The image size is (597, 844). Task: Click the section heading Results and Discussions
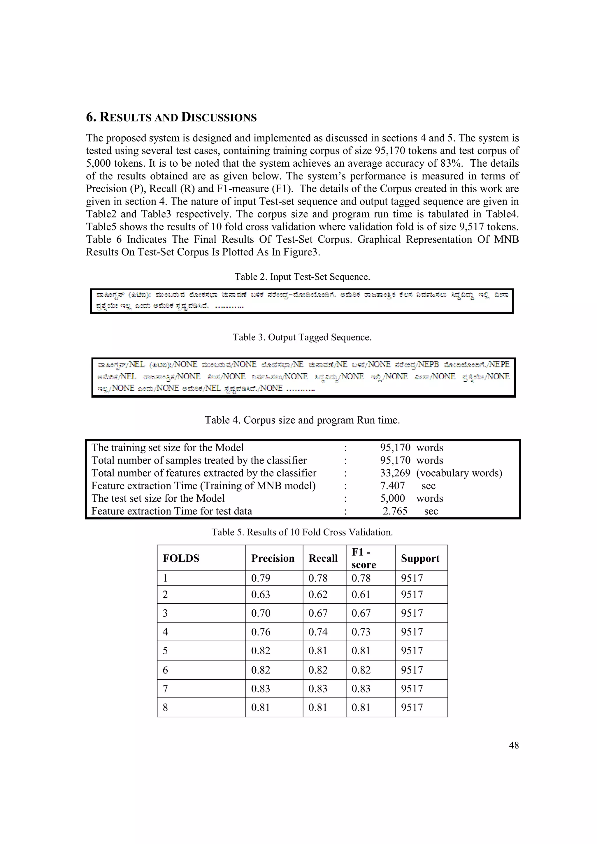171,117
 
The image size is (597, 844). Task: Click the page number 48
514,745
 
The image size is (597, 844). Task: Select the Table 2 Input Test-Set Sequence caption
302,277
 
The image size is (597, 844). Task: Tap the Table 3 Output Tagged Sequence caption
302,337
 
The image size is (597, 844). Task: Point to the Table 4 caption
302,420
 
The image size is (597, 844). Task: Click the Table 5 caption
302,532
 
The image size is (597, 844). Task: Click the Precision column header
273,558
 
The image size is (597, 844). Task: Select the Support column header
420,558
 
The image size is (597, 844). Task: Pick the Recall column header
323,558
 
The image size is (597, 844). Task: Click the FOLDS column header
181,558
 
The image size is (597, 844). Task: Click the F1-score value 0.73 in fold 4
361,632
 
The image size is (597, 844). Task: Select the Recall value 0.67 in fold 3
318,613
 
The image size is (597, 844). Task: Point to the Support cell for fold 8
412,707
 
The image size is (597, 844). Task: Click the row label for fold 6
165,670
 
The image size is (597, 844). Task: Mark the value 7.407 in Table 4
392,486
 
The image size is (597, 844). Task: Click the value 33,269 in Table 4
395,473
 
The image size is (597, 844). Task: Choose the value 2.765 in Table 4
395,511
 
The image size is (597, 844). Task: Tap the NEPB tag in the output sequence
428,364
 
